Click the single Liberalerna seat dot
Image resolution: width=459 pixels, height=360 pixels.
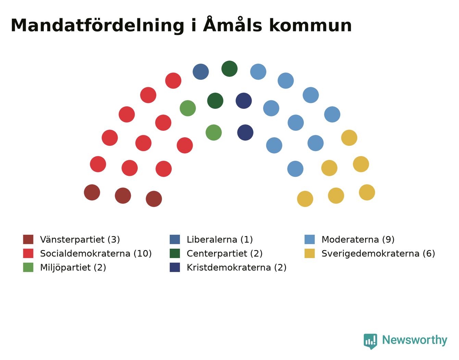(x=200, y=72)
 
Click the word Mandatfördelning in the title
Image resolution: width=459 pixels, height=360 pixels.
(x=97, y=26)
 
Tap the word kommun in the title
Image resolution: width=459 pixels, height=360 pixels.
(x=310, y=26)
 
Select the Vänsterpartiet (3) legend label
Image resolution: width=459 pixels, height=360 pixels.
(x=80, y=240)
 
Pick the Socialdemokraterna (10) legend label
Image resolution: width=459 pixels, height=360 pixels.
(x=96, y=254)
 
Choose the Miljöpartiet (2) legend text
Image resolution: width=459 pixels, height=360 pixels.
(x=73, y=268)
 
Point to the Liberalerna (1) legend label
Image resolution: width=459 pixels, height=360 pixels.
(x=220, y=240)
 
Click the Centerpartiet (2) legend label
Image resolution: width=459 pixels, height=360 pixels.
(x=225, y=254)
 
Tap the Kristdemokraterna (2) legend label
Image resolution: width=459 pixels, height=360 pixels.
(x=237, y=268)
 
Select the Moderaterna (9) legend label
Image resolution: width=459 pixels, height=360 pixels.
(x=358, y=240)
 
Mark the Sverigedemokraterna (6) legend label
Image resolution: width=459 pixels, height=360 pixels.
(x=378, y=254)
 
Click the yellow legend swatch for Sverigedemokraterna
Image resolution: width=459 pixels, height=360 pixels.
(x=309, y=254)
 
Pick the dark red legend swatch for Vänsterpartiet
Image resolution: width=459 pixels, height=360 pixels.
(x=28, y=239)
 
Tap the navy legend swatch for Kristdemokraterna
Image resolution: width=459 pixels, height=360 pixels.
(x=175, y=267)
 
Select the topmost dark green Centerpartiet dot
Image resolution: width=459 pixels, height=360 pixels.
(x=229, y=68)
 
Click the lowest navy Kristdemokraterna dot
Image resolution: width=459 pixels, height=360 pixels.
(x=245, y=132)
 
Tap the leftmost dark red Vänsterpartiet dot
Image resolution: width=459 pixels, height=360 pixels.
(x=92, y=192)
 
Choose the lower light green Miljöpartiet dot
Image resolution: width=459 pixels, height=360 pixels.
(x=213, y=132)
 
